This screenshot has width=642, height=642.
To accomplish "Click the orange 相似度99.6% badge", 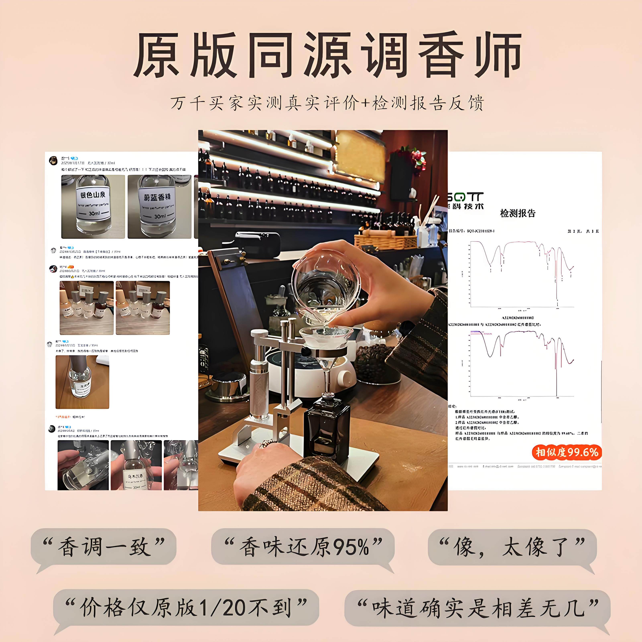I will point(567,452).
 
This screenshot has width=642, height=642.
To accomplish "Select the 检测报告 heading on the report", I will point(518,213).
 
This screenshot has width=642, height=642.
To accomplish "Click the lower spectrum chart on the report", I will point(522,364).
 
